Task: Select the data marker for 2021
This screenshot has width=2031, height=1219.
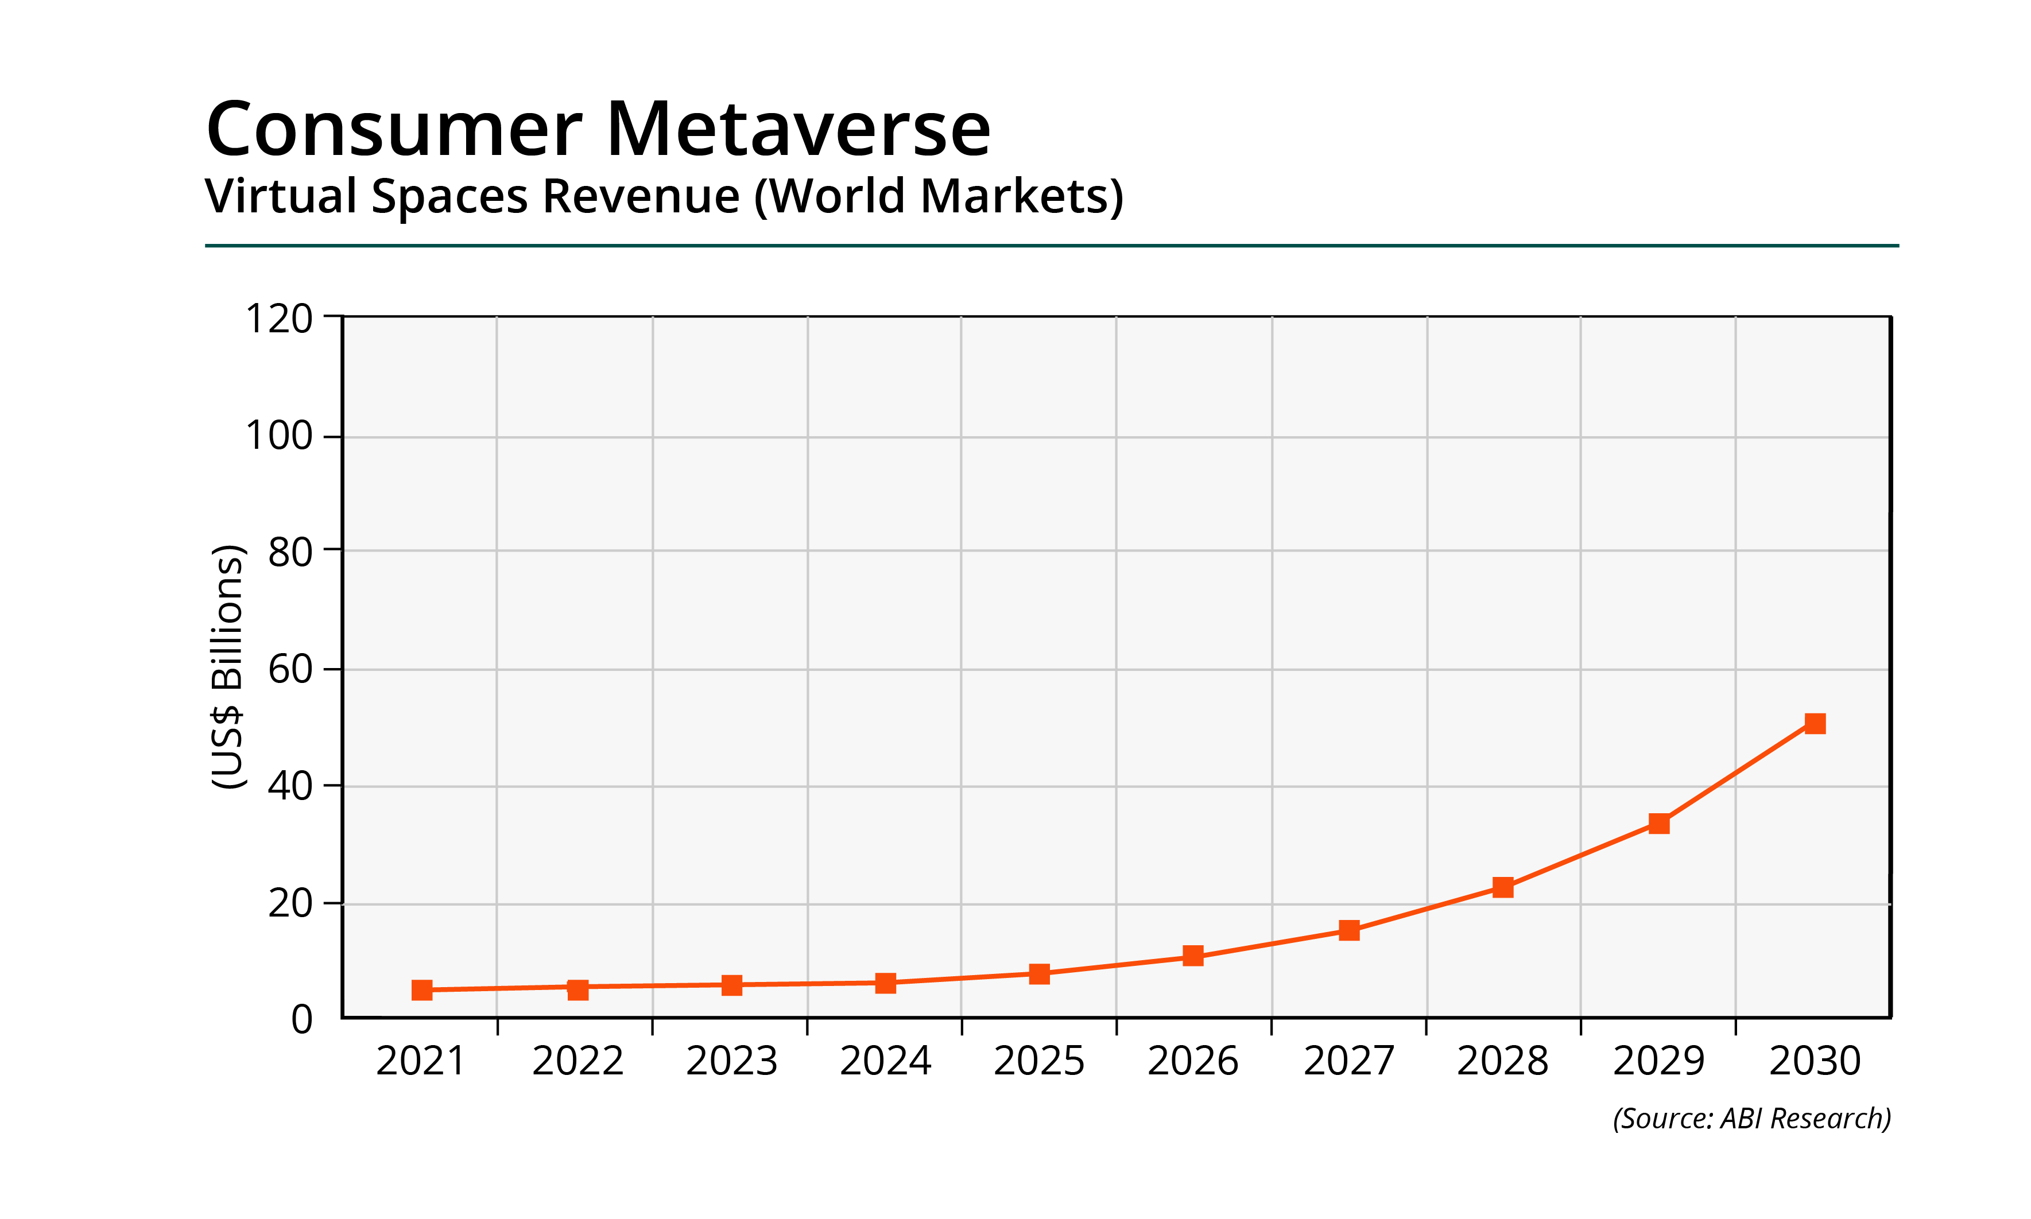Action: pos(423,990)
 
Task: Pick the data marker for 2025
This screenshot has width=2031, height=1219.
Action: pos(1040,973)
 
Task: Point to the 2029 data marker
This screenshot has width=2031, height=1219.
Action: pos(1659,823)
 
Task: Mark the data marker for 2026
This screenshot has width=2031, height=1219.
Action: pos(1193,956)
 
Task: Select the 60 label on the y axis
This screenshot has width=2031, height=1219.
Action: pos(290,669)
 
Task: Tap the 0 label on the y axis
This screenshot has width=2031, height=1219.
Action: pos(301,1019)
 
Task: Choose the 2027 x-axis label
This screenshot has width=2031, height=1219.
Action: pos(1348,1061)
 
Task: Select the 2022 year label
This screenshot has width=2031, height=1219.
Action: pos(577,1061)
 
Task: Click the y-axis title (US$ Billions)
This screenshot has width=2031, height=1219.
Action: pos(227,666)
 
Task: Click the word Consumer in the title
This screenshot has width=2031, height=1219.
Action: pos(394,129)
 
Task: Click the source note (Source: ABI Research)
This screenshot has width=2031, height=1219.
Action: pos(1751,1118)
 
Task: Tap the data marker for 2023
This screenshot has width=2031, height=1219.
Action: pos(731,985)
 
